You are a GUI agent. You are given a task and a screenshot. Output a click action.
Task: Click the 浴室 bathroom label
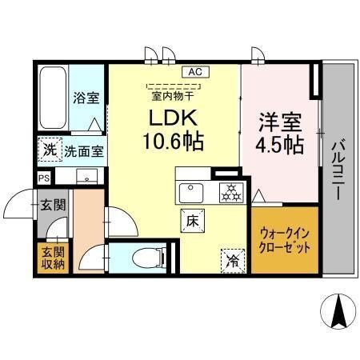tap(86, 98)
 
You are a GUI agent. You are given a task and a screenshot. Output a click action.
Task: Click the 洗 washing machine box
tap(49, 150)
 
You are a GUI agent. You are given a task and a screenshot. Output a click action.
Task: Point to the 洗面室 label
tap(85, 150)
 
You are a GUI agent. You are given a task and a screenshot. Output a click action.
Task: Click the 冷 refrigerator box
tap(231, 259)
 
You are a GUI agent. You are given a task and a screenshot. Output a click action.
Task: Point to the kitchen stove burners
tap(230, 192)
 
